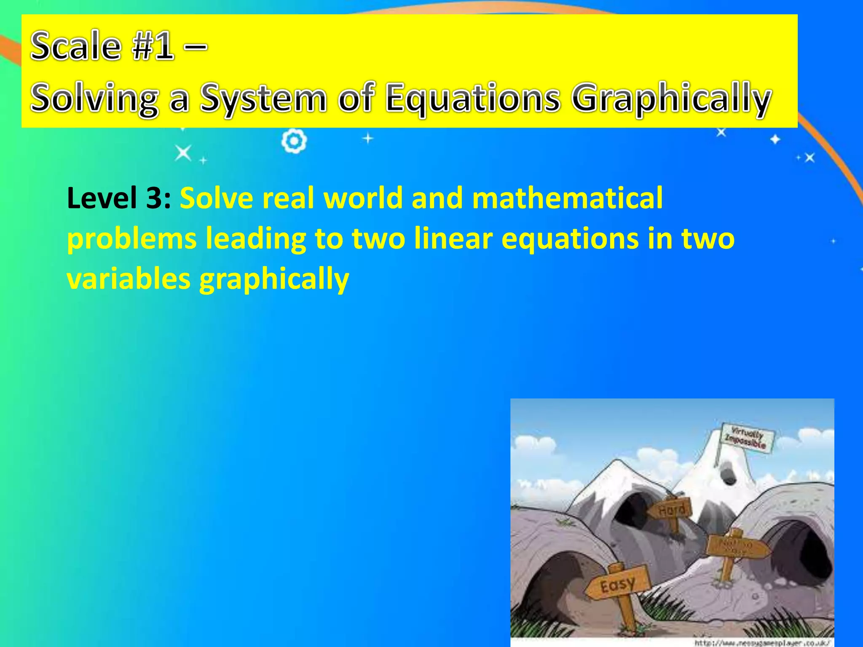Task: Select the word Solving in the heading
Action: [x=95, y=99]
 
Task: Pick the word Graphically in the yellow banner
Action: [x=672, y=99]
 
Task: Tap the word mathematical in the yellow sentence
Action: [x=567, y=198]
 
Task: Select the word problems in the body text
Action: [x=132, y=239]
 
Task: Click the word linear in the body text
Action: [x=453, y=238]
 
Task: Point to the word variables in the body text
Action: [x=129, y=279]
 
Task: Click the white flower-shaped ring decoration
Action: [x=294, y=142]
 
